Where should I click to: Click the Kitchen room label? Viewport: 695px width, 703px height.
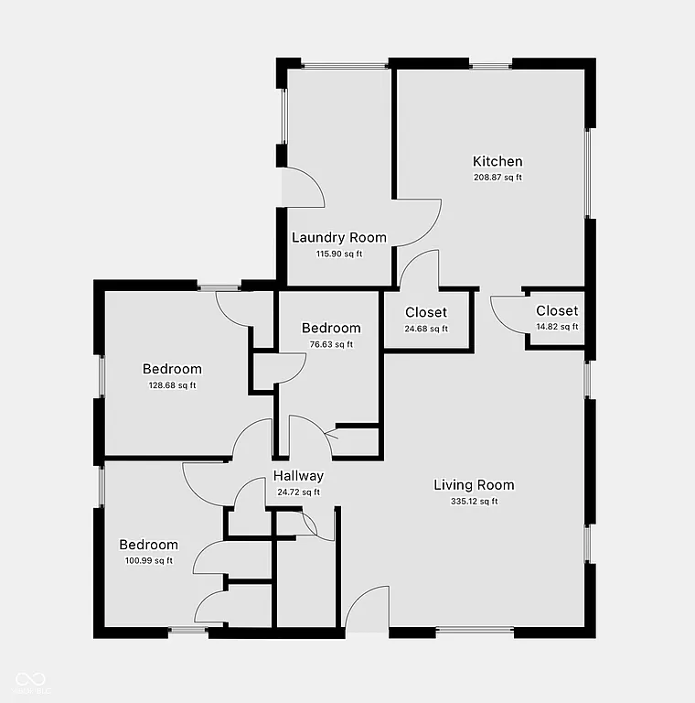point(497,162)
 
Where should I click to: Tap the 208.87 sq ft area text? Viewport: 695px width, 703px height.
point(497,178)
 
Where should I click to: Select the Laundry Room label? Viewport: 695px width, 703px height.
point(338,238)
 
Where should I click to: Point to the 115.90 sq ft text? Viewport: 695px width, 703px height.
point(338,254)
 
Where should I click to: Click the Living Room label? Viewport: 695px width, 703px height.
point(474,485)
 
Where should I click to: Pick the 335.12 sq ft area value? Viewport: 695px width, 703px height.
point(474,501)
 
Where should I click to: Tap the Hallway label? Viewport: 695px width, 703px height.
point(298,476)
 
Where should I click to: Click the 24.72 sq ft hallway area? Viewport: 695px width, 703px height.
point(298,492)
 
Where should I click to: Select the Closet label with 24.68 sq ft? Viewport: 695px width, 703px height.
point(426,313)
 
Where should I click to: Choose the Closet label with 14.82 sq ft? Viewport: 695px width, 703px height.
point(557,311)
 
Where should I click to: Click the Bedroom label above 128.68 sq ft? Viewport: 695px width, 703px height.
point(172,370)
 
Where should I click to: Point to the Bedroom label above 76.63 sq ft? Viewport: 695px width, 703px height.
point(331,329)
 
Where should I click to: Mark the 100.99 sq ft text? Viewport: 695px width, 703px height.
point(148,560)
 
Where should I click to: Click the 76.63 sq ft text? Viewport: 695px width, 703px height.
point(331,344)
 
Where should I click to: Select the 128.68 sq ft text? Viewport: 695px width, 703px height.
point(172,385)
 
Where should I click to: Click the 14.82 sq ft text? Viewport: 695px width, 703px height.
point(557,327)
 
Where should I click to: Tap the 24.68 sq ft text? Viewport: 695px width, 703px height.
point(426,329)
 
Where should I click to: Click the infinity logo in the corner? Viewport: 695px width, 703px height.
point(30,678)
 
